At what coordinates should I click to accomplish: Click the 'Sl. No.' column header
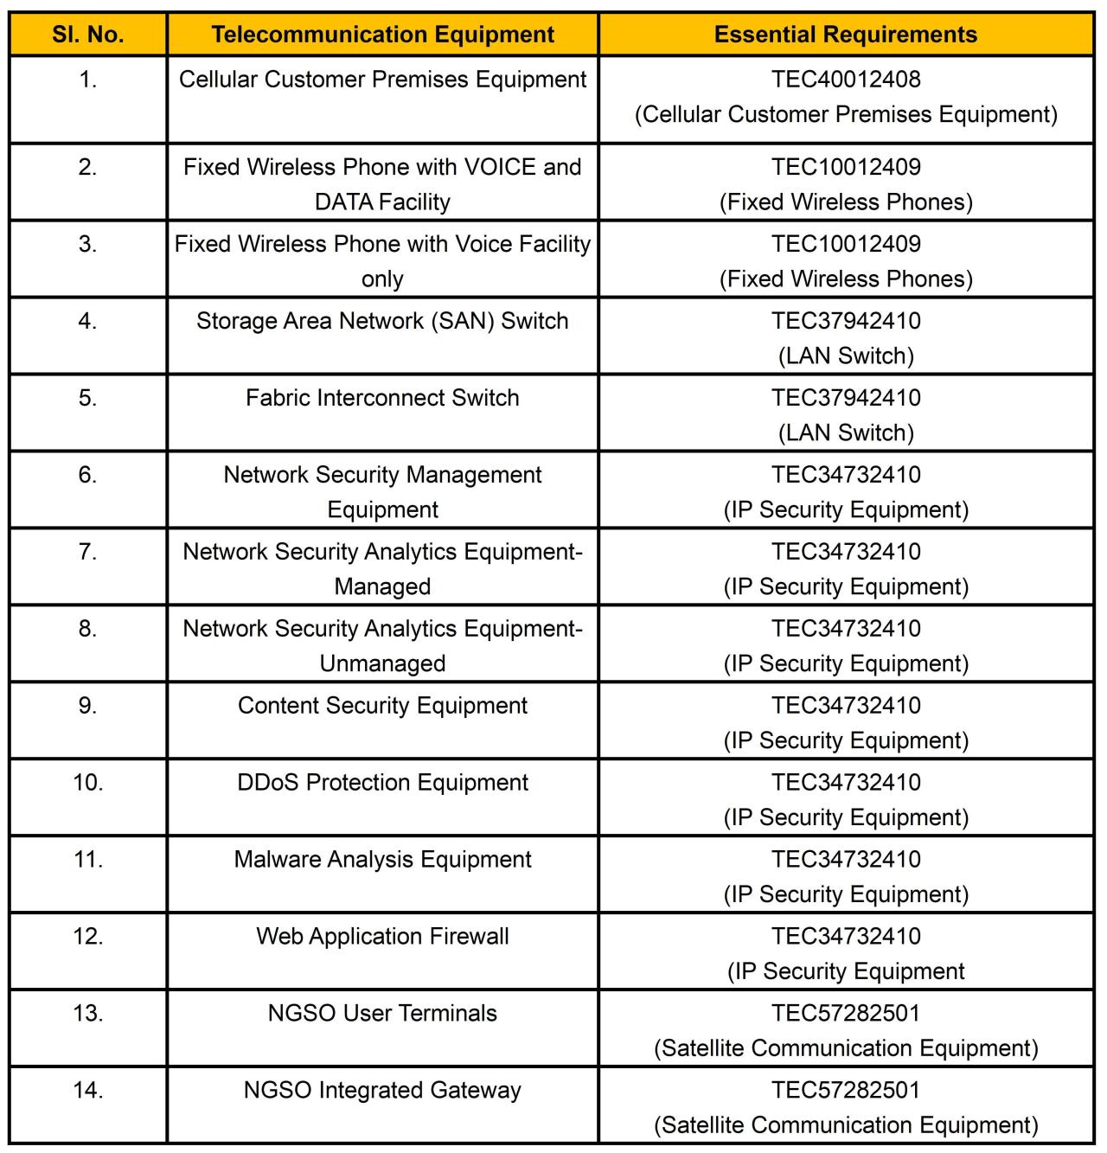(x=88, y=35)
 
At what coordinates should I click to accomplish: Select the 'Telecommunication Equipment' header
(x=382, y=35)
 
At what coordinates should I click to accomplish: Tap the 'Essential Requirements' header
(x=845, y=35)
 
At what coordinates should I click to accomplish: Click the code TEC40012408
(x=846, y=80)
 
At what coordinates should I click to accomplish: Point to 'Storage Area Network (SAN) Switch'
(x=382, y=321)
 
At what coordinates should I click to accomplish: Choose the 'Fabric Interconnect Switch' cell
(x=382, y=398)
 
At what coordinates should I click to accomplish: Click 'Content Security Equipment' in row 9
(x=382, y=706)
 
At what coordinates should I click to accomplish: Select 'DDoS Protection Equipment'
(x=382, y=783)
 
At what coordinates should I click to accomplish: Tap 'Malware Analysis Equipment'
(x=382, y=860)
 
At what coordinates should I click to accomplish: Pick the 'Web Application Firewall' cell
(x=382, y=937)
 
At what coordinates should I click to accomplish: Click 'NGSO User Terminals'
(x=382, y=1014)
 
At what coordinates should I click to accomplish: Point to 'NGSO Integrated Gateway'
(x=382, y=1091)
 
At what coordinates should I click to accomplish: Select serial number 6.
(x=88, y=475)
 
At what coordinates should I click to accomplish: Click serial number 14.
(x=88, y=1091)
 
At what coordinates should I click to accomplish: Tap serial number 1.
(x=88, y=80)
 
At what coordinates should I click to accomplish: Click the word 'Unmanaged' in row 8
(x=382, y=663)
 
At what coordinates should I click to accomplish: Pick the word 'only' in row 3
(x=382, y=279)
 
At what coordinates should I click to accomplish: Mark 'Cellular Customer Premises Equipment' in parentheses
(x=846, y=114)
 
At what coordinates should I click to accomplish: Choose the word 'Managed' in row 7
(x=382, y=586)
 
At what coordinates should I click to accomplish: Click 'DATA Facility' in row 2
(x=382, y=202)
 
